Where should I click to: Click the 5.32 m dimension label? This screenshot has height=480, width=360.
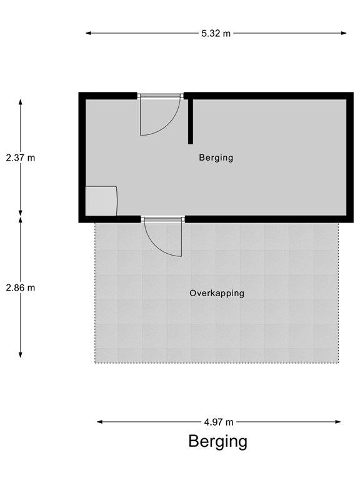click(x=216, y=34)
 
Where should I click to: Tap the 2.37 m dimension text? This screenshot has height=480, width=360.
click(x=21, y=158)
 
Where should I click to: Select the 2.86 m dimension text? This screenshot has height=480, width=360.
click(x=21, y=288)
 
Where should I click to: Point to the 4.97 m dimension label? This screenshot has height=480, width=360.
click(x=219, y=422)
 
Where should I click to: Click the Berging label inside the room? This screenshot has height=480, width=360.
click(x=216, y=157)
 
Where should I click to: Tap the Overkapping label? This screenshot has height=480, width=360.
click(x=217, y=293)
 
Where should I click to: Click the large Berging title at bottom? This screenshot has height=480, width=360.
click(x=217, y=442)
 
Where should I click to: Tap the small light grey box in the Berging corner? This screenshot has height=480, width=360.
click(x=101, y=201)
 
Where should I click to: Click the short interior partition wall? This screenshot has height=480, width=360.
click(x=189, y=120)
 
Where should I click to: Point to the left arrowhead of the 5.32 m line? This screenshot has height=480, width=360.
click(x=88, y=34)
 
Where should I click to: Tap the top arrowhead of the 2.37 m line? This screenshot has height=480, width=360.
click(x=21, y=102)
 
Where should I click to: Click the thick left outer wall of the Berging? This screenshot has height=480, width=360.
click(x=82, y=156)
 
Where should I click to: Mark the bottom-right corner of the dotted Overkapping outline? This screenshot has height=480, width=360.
click(x=338, y=362)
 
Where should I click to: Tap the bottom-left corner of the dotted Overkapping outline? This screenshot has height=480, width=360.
click(x=96, y=362)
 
